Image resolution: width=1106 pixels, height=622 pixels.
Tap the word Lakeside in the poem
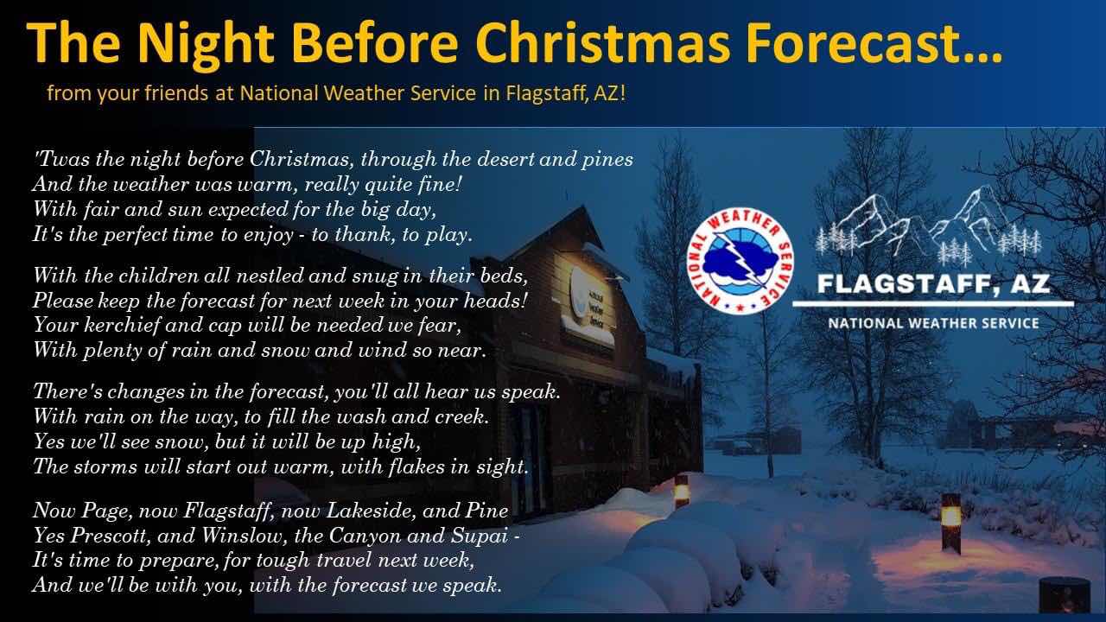coord(372,511)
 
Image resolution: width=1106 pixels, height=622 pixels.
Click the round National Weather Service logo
coord(741,260)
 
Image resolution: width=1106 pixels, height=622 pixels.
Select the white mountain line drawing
coord(928,225)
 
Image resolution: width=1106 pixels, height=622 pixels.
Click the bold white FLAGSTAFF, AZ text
coord(933,284)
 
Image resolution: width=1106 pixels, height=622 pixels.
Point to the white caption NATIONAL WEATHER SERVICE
coord(934,324)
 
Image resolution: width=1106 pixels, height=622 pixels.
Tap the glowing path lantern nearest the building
coord(682,492)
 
